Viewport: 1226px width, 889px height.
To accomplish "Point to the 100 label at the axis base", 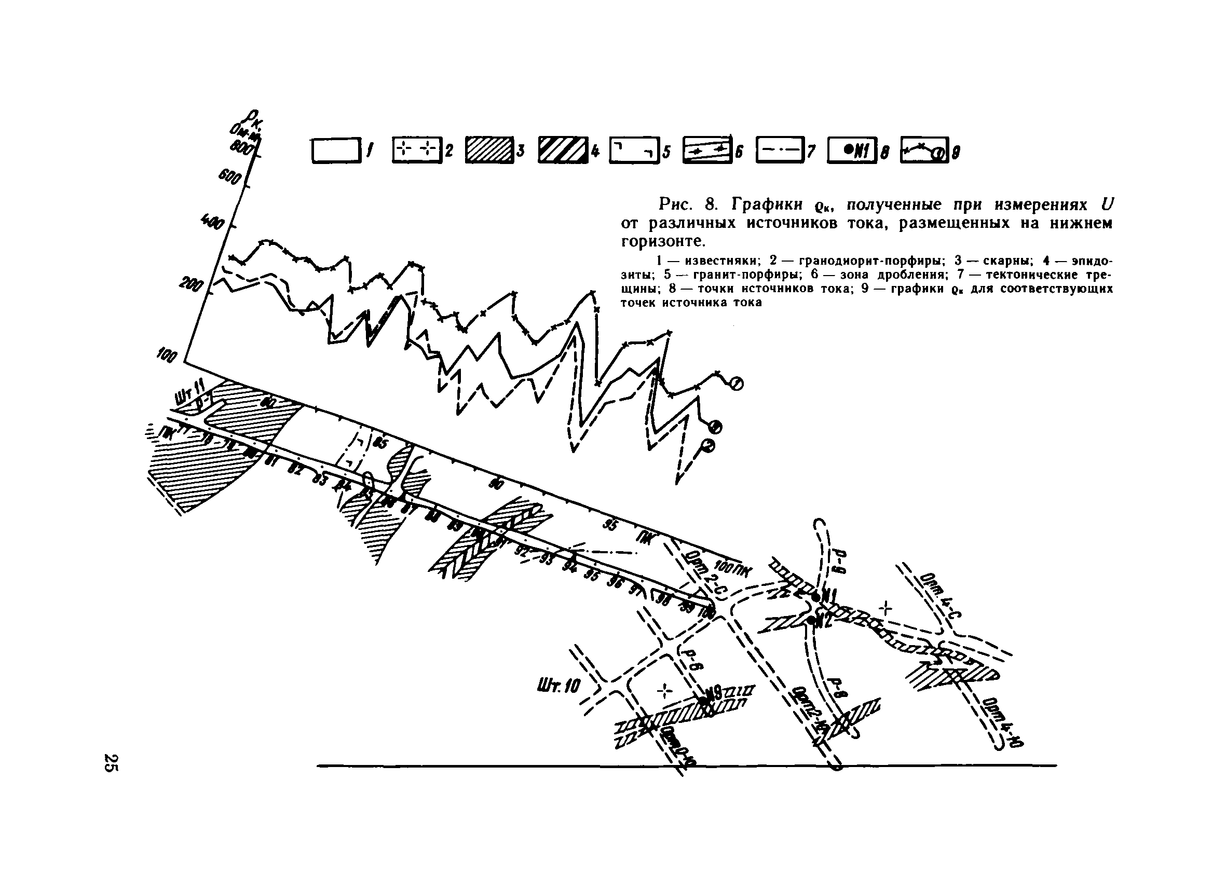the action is [167, 355].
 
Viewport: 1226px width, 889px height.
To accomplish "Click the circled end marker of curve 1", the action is [737, 384].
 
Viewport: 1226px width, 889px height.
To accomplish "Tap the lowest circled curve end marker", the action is [708, 445].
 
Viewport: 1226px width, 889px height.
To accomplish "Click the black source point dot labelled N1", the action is [816, 597].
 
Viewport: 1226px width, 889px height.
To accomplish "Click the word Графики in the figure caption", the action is [767, 205].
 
